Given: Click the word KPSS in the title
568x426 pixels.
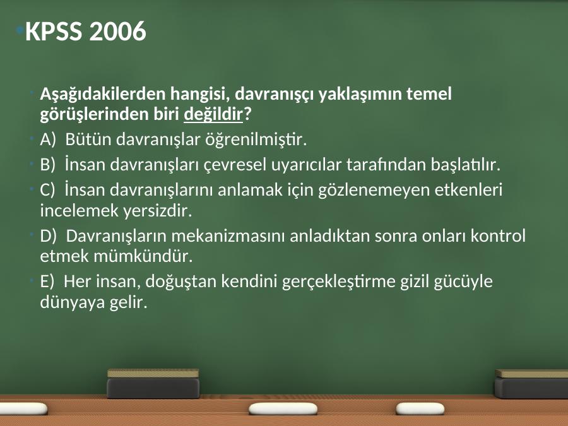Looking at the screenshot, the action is tap(54, 31).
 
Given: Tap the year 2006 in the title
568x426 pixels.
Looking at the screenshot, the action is tap(117, 31).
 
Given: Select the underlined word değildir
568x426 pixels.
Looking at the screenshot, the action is tap(213, 114).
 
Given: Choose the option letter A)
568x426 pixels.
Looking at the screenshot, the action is tap(48, 139).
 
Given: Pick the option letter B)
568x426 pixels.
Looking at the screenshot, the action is tap(47, 165).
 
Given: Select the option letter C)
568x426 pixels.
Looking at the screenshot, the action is tap(47, 190).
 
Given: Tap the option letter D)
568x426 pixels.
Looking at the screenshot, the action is tap(48, 236).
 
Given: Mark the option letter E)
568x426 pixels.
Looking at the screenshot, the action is tap(47, 281).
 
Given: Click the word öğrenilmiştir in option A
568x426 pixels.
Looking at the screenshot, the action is tap(256, 139).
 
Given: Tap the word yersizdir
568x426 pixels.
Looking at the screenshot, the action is tap(157, 211).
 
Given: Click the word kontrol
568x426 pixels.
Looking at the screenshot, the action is tap(498, 236).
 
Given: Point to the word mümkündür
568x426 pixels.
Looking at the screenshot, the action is tap(143, 256).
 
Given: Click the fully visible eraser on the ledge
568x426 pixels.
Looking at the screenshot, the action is tap(153, 384).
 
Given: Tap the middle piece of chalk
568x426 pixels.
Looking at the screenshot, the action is tap(283, 409).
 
